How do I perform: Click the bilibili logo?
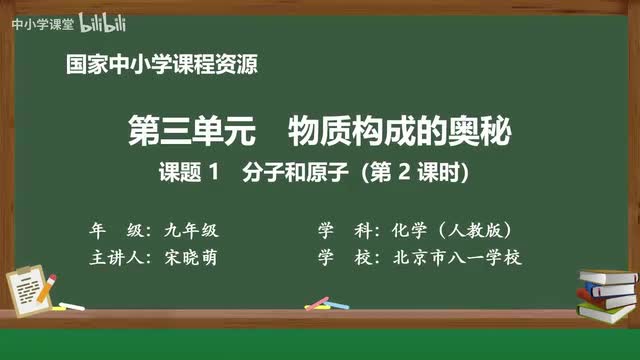point(85,21)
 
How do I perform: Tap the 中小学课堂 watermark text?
point(37,22)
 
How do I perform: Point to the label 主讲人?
point(116,257)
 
